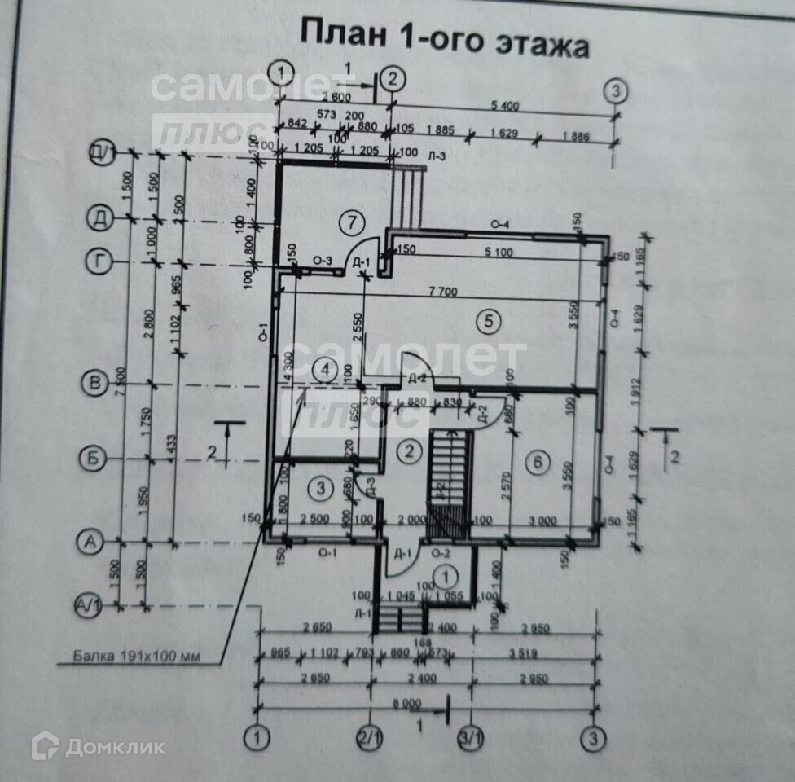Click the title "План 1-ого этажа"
pyautogui.click(x=445, y=38)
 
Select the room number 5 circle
pyautogui.click(x=488, y=321)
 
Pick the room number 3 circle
pyautogui.click(x=322, y=488)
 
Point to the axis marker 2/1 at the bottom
pyautogui.click(x=371, y=738)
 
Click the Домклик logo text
pyautogui.click(x=115, y=746)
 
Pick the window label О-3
pyautogui.click(x=323, y=261)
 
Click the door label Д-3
pyautogui.click(x=371, y=486)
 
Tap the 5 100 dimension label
pyautogui.click(x=496, y=252)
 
